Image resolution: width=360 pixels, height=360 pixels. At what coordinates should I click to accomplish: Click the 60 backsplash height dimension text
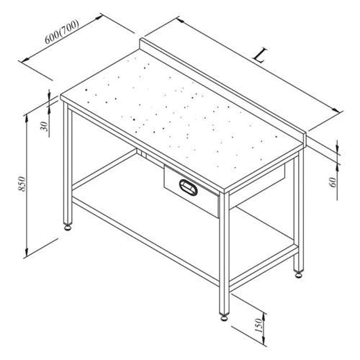[x=333, y=181]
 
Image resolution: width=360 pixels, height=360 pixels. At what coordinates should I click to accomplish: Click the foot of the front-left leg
[x=68, y=227]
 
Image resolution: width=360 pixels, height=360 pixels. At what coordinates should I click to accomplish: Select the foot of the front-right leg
[x=222, y=315]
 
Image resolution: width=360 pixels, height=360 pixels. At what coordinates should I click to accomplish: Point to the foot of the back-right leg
[x=297, y=273]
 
